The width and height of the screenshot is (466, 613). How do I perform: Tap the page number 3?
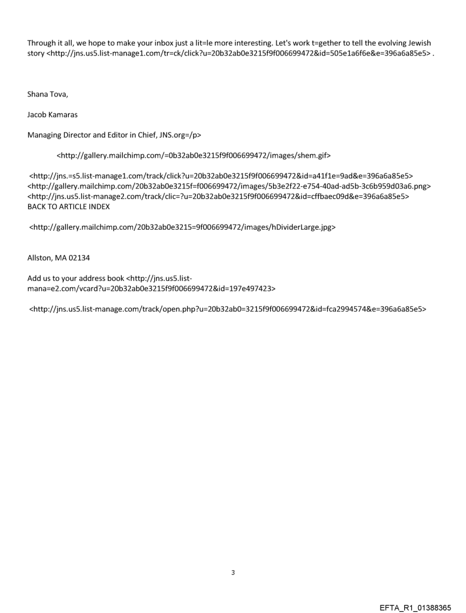point(233,572)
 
